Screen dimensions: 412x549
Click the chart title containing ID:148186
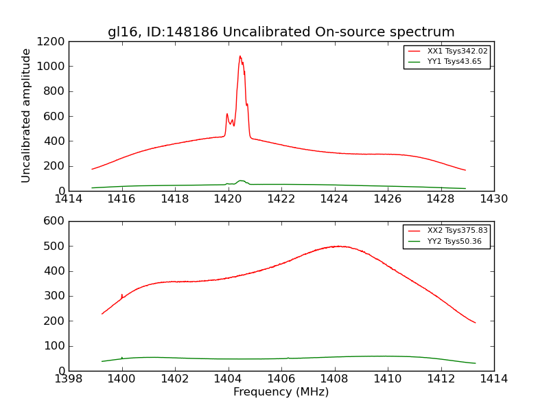pyautogui.click(x=281, y=32)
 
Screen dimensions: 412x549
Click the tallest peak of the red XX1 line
pyautogui.click(x=240, y=56)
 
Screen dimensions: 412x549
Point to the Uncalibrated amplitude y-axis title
pyautogui.click(x=26, y=115)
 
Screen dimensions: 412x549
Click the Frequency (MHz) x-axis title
pyautogui.click(x=281, y=392)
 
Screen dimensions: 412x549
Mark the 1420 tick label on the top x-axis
pyautogui.click(x=228, y=199)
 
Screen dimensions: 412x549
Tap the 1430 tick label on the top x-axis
pyautogui.click(x=493, y=199)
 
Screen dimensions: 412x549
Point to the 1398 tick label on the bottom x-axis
pyautogui.click(x=69, y=379)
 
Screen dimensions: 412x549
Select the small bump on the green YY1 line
pyautogui.click(x=241, y=181)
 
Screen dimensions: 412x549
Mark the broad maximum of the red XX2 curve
pyautogui.click(x=338, y=246)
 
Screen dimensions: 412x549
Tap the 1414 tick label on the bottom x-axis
pyautogui.click(x=493, y=379)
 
